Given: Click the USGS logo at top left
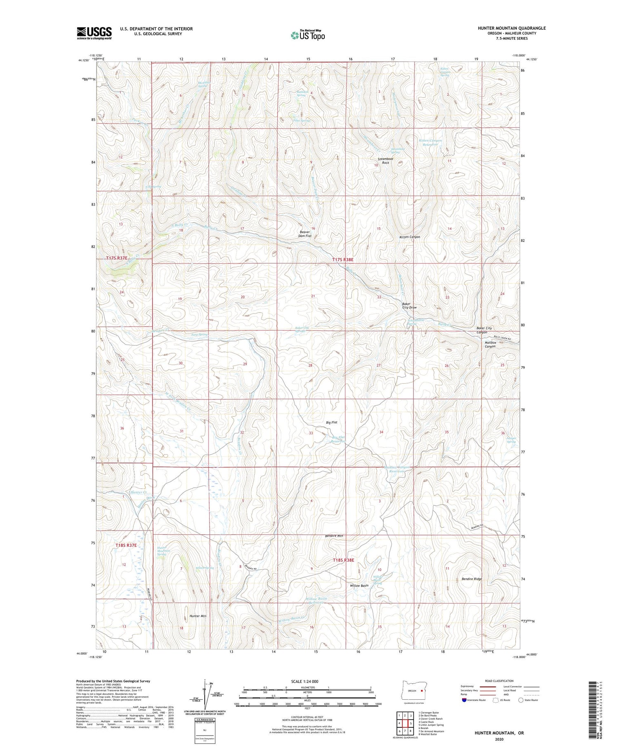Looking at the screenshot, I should click(94, 33).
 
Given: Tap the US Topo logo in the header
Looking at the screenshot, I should click(307, 35).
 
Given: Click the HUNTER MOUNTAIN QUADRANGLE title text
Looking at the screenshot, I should click(511, 28).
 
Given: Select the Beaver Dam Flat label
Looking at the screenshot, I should click(305, 234).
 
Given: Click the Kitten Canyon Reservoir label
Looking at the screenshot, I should click(430, 142).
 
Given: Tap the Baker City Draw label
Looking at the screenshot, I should click(409, 306).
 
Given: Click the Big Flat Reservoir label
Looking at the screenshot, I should click(338, 439).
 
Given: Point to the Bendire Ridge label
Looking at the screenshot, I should click(472, 579).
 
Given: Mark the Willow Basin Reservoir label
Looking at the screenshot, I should click(316, 600).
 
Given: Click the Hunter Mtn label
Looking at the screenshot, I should click(198, 616).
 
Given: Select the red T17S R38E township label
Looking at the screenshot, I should click(343, 260).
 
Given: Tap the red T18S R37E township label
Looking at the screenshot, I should click(125, 545).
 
